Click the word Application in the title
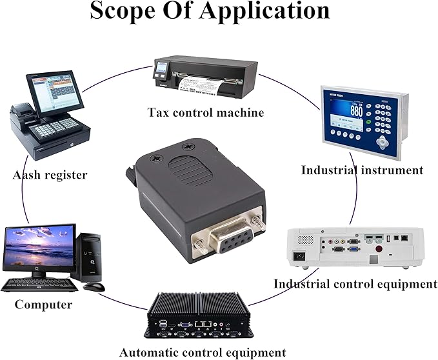[264, 10]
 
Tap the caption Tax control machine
[205, 112]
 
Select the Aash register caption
[50, 175]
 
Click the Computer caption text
[43, 305]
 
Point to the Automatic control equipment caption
[203, 352]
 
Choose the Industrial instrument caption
[363, 170]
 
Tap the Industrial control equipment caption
[355, 284]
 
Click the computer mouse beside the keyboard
[94, 287]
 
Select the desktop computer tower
[86, 257]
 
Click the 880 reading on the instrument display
[357, 111]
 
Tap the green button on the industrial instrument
[369, 122]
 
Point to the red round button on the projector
[379, 248]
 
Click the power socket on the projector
[299, 256]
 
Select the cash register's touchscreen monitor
[55, 93]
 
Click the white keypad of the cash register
[56, 128]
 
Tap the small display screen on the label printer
[162, 67]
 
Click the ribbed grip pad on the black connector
[190, 171]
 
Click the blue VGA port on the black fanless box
[185, 325]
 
